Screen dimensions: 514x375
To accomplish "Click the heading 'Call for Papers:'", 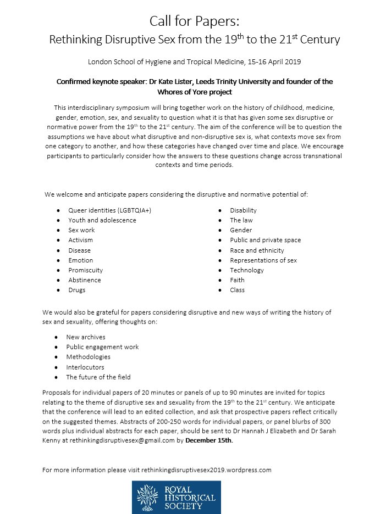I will tap(187, 21).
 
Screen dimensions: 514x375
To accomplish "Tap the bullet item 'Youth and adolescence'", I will tap(102, 220).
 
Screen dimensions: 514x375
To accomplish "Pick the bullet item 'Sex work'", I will tap(81, 230).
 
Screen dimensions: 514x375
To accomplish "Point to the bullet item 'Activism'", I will tap(81, 240).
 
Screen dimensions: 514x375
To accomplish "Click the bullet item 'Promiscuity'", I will tap(85, 270).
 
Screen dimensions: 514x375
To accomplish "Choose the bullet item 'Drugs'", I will tap(77, 290).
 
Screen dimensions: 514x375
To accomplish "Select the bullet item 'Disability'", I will tap(243, 210).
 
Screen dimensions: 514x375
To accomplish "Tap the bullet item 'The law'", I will tap(241, 220).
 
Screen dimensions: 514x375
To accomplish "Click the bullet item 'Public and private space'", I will tap(265, 240).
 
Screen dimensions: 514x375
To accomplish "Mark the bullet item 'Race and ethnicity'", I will tap(257, 250).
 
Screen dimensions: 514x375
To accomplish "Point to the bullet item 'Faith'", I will tap(237, 280).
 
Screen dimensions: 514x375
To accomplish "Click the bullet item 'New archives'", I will tap(86, 337).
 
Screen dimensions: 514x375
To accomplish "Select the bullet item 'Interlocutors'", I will tap(85, 367).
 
